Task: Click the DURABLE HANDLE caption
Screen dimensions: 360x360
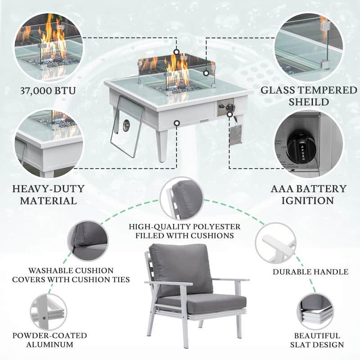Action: tap(310, 272)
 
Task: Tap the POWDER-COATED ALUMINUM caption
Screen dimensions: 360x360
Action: tap(49, 340)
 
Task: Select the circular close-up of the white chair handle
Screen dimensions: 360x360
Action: tap(275, 243)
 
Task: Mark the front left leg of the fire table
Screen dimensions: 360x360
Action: tap(164, 144)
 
